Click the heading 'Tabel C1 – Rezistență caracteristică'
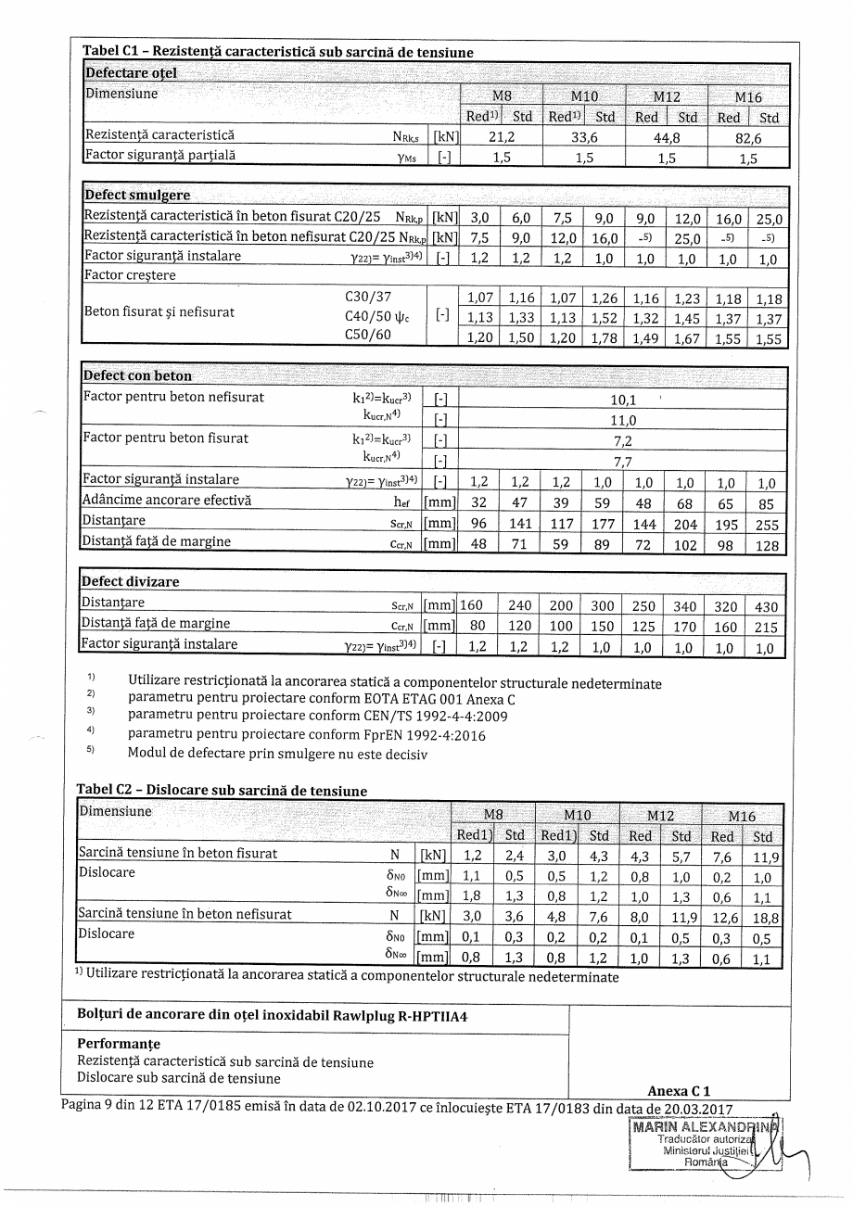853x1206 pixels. pos(278,52)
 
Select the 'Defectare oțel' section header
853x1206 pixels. pos(131,72)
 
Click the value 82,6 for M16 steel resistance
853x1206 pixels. pos(748,137)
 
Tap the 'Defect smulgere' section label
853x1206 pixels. pos(137,195)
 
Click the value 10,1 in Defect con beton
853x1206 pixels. pos(622,400)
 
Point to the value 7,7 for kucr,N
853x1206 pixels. pos(622,460)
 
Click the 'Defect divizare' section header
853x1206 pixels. pos(131,581)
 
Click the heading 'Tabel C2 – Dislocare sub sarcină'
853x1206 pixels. pos(222,791)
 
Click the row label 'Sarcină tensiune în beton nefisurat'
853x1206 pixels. pos(185,914)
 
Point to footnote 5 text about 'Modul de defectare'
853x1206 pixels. pos(277,754)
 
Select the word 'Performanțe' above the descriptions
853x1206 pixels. pos(119,1044)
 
